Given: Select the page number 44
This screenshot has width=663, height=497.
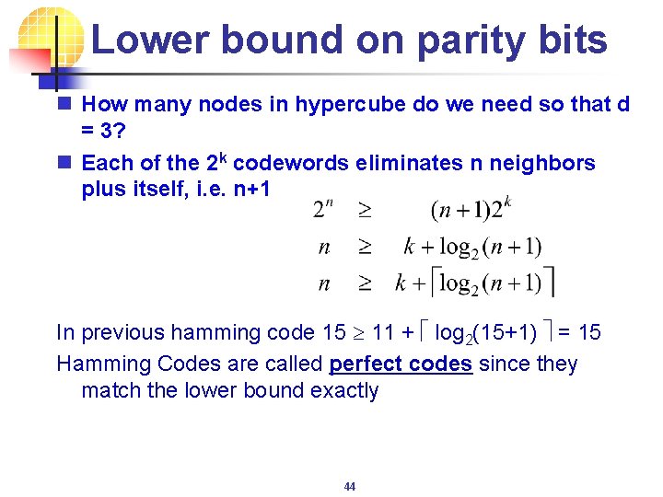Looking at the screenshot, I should (350, 486).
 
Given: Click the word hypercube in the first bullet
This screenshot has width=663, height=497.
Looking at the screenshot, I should (352, 105).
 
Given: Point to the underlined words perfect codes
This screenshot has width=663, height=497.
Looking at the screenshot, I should (401, 364).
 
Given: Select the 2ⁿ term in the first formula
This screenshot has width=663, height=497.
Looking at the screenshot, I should (324, 209).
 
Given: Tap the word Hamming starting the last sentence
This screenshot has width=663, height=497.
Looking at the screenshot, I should (100, 364).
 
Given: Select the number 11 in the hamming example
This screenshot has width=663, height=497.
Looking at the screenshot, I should (384, 332).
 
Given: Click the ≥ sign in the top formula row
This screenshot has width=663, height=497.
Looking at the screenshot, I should (365, 210).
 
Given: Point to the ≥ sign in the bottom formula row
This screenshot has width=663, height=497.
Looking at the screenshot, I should (365, 283).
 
